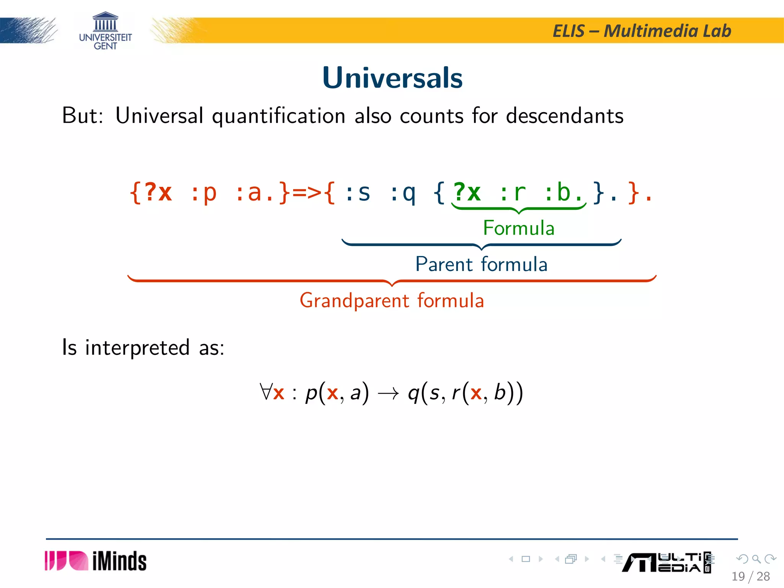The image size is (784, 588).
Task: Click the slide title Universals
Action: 392,78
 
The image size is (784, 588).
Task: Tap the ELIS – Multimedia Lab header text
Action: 642,31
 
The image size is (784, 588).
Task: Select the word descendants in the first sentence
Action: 565,116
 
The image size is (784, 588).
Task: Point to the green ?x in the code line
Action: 467,192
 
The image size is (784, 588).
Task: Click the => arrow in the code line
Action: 307,192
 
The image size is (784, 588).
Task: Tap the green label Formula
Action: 518,228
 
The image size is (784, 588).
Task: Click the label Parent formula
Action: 481,264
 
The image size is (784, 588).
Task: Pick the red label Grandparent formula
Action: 392,301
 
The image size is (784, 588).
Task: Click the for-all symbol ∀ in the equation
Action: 265,392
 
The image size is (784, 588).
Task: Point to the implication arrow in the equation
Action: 388,394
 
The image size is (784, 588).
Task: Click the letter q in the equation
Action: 413,394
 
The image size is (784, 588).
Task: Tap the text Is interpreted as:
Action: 143,348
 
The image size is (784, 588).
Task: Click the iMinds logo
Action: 96,561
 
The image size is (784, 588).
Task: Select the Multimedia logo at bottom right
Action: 666,562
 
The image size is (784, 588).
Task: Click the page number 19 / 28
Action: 750,576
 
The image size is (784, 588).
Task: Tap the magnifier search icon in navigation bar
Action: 756,559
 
